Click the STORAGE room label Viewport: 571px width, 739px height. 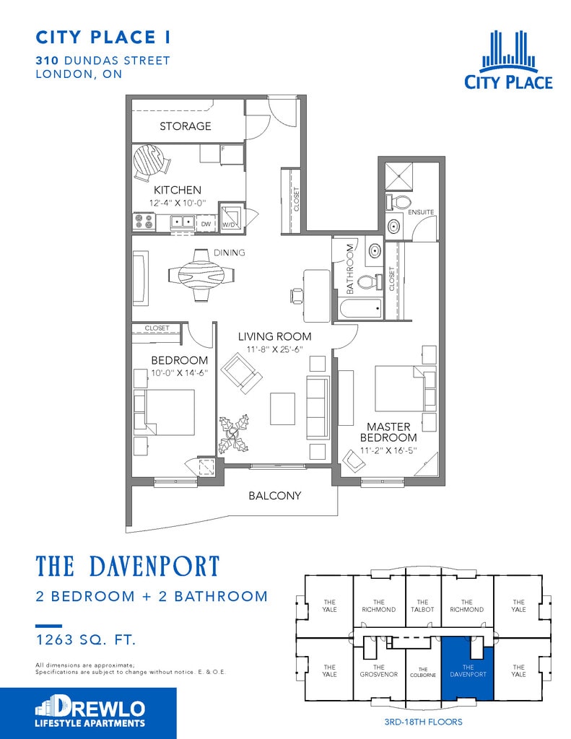(x=186, y=126)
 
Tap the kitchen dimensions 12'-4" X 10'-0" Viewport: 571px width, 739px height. (x=178, y=203)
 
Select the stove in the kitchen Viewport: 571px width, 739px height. (x=144, y=222)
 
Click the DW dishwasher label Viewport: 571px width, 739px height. (x=206, y=224)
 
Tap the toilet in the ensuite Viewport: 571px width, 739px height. (x=398, y=202)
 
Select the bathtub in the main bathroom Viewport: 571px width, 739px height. (x=361, y=308)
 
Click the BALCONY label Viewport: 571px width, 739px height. (x=275, y=495)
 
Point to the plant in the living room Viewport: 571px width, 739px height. (x=234, y=434)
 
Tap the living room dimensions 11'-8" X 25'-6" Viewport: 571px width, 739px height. (x=274, y=349)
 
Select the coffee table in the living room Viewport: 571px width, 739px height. (x=282, y=408)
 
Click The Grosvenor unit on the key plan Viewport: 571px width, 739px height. (x=379, y=670)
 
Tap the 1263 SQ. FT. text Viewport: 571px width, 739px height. (x=87, y=639)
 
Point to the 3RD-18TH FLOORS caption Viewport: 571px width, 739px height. (x=424, y=722)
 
